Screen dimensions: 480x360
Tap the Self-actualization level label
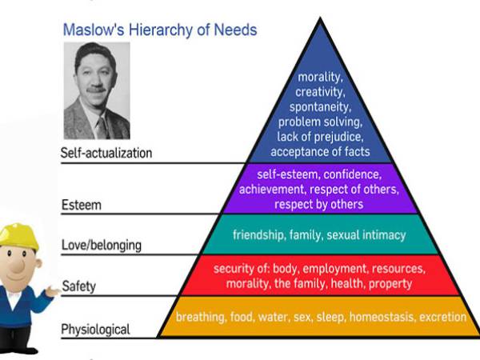(x=106, y=153)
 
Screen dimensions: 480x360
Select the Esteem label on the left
(x=82, y=205)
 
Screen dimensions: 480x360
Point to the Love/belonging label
(x=102, y=246)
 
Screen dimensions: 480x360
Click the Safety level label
(x=79, y=286)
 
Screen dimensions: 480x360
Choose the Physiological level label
(x=95, y=330)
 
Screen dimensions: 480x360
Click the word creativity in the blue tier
(x=320, y=92)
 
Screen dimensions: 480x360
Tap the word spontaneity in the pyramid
(x=321, y=107)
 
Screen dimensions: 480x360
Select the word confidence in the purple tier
(x=353, y=174)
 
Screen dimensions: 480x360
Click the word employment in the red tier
(x=336, y=269)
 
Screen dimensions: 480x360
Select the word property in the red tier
(x=390, y=284)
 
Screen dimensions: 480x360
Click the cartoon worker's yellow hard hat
(x=19, y=236)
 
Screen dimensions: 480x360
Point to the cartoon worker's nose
(x=17, y=266)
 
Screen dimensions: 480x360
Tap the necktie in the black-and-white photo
(x=102, y=128)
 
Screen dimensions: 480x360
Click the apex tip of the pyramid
(x=320, y=18)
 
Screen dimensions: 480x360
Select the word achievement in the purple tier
(x=272, y=190)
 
